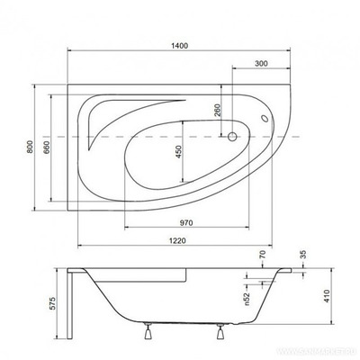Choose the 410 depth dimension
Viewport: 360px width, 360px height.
pos(330,293)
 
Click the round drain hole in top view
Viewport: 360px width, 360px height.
pos(231,138)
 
